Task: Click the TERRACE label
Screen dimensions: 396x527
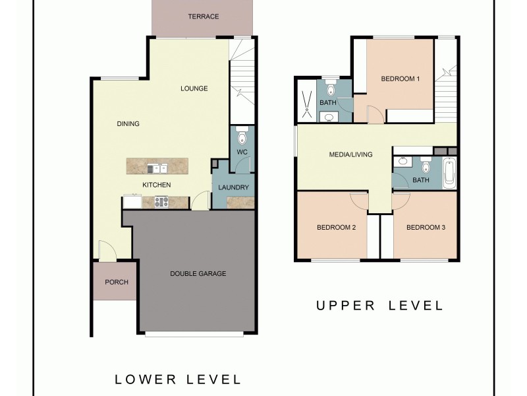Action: (x=203, y=16)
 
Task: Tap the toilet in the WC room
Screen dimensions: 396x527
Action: (x=242, y=137)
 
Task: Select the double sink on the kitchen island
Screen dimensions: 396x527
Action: (x=157, y=168)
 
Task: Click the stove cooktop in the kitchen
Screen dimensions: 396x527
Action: (x=162, y=202)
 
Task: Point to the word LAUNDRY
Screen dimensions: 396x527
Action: (x=233, y=187)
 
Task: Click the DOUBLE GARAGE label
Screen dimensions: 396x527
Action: (x=198, y=273)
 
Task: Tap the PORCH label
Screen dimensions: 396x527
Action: (x=117, y=282)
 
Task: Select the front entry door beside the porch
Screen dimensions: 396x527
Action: (x=105, y=251)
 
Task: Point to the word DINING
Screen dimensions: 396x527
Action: (x=128, y=123)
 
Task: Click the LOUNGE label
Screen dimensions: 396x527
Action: (x=194, y=88)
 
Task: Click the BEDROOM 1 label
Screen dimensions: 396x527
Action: (x=401, y=79)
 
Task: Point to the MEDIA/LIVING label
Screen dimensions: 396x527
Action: (x=350, y=154)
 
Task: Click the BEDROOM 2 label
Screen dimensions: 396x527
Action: (x=336, y=228)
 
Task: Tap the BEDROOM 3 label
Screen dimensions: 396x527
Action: (x=426, y=228)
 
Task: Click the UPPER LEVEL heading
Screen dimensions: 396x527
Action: (x=379, y=305)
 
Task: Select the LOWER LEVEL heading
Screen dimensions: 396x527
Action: (x=178, y=379)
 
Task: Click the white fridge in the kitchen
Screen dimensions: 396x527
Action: (x=130, y=202)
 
